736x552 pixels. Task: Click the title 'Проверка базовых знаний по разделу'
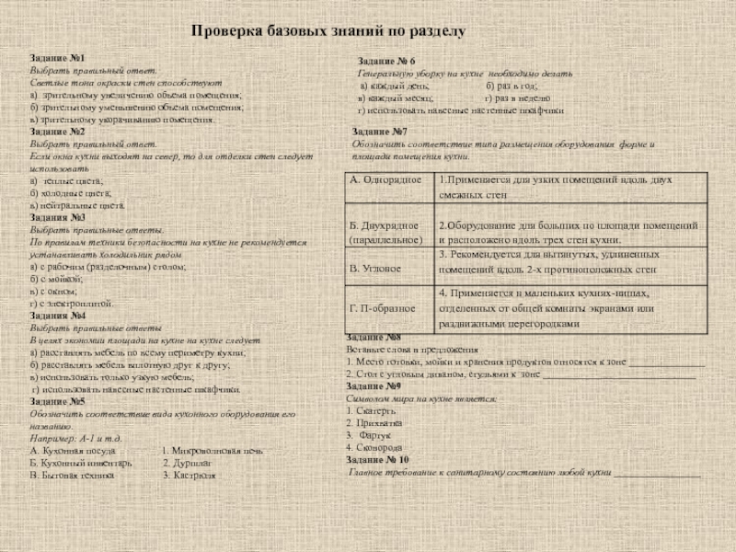328,31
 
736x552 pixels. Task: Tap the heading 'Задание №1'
52,59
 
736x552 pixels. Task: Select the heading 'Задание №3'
52,218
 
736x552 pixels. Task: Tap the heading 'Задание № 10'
378,460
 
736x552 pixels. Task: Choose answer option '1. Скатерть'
372,411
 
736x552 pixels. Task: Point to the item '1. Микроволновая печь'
213,451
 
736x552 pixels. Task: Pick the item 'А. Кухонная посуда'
74,451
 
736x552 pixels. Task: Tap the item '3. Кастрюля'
189,477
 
